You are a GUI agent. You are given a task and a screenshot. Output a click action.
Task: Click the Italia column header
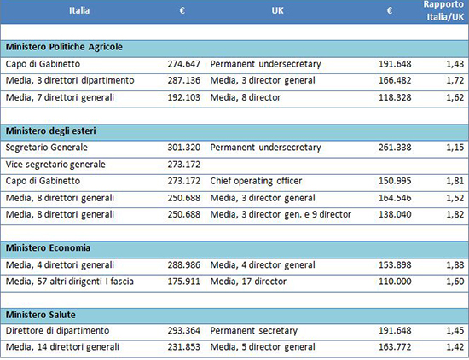pyautogui.click(x=79, y=10)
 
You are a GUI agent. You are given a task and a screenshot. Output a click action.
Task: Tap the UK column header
pyautogui.click(x=278, y=10)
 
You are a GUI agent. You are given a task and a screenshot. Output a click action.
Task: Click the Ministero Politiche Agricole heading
pyautogui.click(x=64, y=47)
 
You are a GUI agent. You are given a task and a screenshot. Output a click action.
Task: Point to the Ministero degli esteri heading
pyautogui.click(x=51, y=131)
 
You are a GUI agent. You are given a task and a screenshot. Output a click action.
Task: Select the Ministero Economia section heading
pyautogui.click(x=48, y=247)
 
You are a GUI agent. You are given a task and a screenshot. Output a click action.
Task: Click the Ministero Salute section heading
pyautogui.click(x=41, y=315)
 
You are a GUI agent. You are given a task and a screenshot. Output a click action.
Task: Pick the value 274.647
pyautogui.click(x=183, y=64)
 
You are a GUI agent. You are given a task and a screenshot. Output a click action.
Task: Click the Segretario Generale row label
pyautogui.click(x=47, y=148)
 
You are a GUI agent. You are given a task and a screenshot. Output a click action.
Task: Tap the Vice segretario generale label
pyautogui.click(x=55, y=165)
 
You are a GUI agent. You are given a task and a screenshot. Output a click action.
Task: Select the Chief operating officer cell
pyautogui.click(x=256, y=181)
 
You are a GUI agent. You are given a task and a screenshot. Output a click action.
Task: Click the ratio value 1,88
pyautogui.click(x=455, y=265)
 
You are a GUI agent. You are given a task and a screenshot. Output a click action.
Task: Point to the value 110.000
pyautogui.click(x=395, y=282)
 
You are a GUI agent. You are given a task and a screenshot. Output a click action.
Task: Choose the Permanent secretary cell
pyautogui.click(x=254, y=331)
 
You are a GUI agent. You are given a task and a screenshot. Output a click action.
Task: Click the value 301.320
pyautogui.click(x=183, y=148)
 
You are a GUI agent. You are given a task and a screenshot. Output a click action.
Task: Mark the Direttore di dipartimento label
pyautogui.click(x=57, y=331)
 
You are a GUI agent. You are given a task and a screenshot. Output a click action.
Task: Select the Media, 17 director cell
pyautogui.click(x=248, y=282)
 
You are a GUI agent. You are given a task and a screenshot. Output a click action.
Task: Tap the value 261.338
pyautogui.click(x=395, y=148)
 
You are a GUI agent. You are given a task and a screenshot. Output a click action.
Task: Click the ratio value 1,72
pyautogui.click(x=455, y=80)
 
